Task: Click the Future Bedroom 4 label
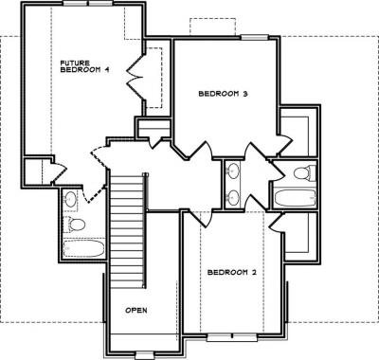pyautogui.click(x=84, y=66)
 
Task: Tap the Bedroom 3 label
pyautogui.click(x=223, y=94)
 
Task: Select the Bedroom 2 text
pyautogui.click(x=231, y=272)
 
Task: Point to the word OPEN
pyautogui.click(x=136, y=310)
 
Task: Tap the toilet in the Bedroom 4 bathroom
pyautogui.click(x=75, y=225)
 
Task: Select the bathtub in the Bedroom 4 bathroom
pyautogui.click(x=83, y=248)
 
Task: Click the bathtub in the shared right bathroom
pyautogui.click(x=295, y=197)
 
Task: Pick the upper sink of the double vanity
pyautogui.click(x=233, y=171)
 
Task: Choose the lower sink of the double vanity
pyautogui.click(x=233, y=198)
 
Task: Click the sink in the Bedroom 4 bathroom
pyautogui.click(x=70, y=198)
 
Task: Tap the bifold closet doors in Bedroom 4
pyautogui.click(x=135, y=77)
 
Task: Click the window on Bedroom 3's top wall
pyautogui.click(x=255, y=37)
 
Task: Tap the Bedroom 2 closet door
pyautogui.click(x=278, y=223)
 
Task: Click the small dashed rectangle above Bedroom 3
pyautogui.click(x=212, y=27)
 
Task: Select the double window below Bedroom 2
pyautogui.click(x=232, y=337)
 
